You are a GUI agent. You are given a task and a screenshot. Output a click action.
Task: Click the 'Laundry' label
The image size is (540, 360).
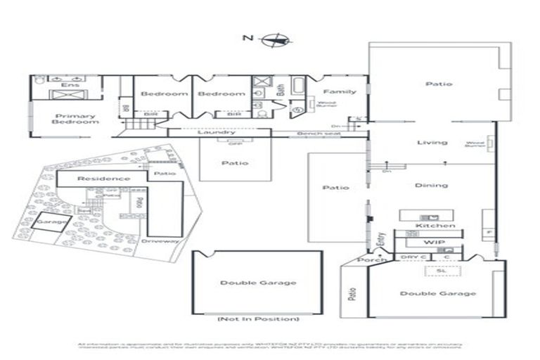click(x=216, y=131)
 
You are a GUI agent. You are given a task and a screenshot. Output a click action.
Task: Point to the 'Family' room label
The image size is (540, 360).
click(x=340, y=91)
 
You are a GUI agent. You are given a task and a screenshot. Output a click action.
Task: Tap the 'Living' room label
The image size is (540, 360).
click(x=432, y=143)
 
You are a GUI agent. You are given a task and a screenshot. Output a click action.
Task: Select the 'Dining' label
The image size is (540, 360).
click(x=431, y=186)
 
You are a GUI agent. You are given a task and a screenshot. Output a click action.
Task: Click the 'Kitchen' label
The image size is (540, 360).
click(x=435, y=226)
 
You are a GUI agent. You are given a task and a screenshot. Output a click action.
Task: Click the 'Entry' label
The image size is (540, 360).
click(x=380, y=241)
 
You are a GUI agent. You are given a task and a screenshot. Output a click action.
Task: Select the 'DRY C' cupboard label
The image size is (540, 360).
click(x=412, y=257)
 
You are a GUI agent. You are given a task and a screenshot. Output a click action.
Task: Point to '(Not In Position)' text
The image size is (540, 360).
click(x=257, y=319)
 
